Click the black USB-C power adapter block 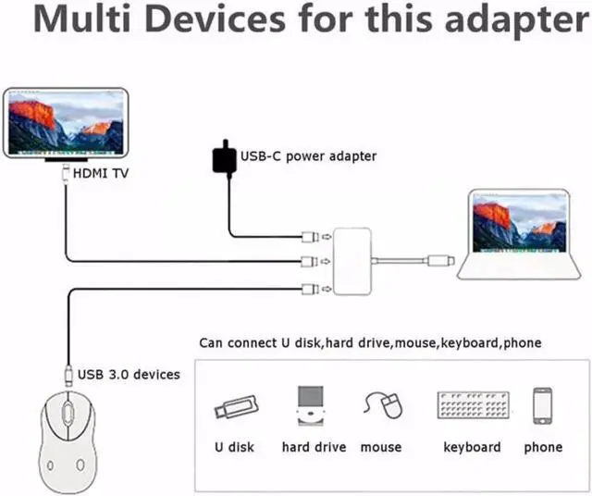tap(225, 159)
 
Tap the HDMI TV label tap(101, 173)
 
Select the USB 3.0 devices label tap(129, 375)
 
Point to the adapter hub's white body tap(351, 261)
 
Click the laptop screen tap(520, 222)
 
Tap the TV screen tap(66, 123)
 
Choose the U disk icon tap(237, 407)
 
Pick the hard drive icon tap(311, 405)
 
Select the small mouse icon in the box tap(384, 405)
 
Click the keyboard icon tap(473, 405)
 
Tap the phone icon tap(543, 405)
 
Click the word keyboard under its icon tap(472, 447)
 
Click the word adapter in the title tap(517, 20)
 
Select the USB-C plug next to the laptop tap(441, 261)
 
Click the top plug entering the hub tap(311, 237)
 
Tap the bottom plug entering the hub tap(311, 290)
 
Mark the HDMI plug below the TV tap(66, 173)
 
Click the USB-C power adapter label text tap(308, 156)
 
